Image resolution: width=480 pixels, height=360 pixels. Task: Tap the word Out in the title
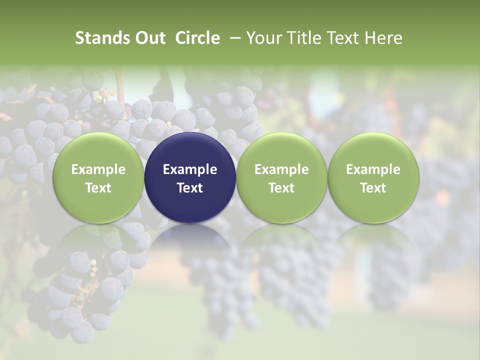pos(148,38)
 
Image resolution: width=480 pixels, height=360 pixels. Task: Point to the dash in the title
pos(233,38)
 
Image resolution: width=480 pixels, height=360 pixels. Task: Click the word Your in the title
pos(262,38)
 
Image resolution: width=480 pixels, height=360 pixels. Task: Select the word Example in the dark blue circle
pos(190,169)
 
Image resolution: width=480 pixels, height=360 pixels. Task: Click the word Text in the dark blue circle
pos(190,188)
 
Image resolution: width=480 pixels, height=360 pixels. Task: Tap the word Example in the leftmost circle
pos(98,169)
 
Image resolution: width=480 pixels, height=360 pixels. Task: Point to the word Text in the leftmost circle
pos(98,188)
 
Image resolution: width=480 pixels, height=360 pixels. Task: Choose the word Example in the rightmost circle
pos(373,169)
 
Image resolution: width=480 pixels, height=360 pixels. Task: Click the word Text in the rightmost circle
pos(373,188)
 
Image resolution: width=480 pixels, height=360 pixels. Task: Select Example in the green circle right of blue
pos(281,169)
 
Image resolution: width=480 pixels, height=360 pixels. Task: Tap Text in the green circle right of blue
pos(281,188)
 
